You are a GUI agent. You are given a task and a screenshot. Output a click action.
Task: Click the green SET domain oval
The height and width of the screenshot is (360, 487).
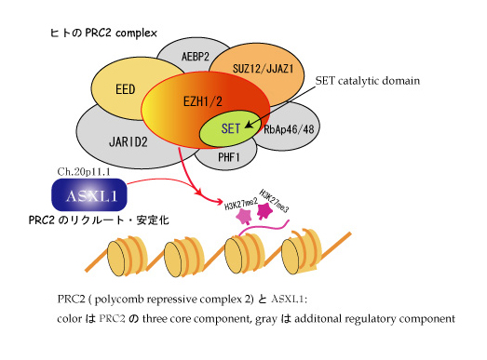click(230, 128)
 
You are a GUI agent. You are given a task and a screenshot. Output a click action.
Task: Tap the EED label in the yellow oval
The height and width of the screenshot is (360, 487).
click(126, 89)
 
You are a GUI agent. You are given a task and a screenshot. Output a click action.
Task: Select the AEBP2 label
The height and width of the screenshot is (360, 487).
click(196, 57)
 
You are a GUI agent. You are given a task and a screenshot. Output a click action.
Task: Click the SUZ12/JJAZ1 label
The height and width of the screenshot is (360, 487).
click(264, 68)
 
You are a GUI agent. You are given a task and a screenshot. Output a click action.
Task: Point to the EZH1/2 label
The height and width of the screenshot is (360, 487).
click(203, 101)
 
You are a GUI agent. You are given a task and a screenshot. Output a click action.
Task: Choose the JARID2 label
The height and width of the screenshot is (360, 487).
click(128, 141)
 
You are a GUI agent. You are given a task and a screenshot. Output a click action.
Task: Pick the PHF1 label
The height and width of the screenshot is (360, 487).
click(229, 157)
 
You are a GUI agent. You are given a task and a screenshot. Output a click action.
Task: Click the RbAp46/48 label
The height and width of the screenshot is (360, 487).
click(289, 129)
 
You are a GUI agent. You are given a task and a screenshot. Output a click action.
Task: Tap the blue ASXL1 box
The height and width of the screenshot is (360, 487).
click(89, 195)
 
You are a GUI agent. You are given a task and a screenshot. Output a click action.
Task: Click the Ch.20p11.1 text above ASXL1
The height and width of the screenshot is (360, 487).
click(84, 171)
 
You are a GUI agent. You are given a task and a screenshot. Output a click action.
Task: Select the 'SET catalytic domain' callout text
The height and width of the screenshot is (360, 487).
click(368, 81)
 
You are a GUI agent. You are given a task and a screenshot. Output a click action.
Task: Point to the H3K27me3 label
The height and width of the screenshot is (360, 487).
click(274, 201)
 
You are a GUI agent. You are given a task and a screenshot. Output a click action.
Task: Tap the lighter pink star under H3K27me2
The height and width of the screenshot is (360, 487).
click(244, 217)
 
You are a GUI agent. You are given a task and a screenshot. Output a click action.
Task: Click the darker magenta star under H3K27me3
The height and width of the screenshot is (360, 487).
click(265, 211)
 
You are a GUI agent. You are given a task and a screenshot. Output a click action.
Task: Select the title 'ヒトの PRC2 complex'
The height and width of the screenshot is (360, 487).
click(103, 33)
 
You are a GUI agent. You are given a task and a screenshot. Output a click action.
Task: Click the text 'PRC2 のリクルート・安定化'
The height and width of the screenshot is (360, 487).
click(99, 220)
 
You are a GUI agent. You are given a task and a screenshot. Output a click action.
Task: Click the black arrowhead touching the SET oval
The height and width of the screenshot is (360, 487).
click(249, 125)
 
